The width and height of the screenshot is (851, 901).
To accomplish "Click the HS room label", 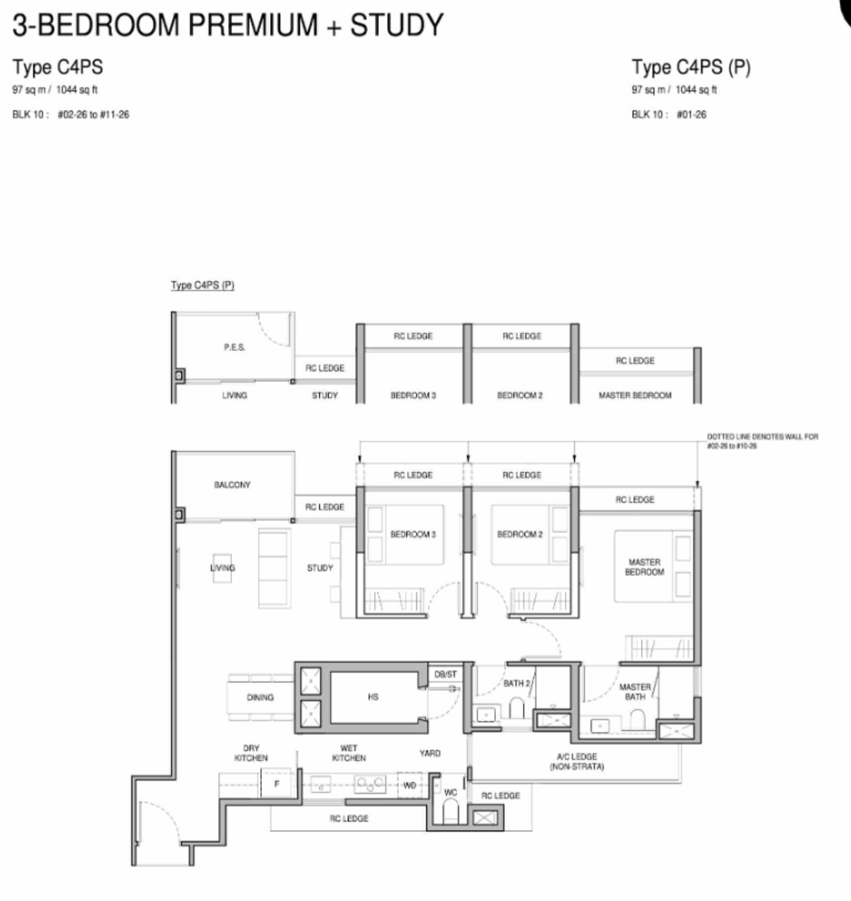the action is pyautogui.click(x=373, y=697).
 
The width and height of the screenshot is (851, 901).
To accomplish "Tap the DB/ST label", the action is pyautogui.click(x=445, y=674).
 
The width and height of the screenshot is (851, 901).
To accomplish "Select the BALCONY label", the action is pyautogui.click(x=232, y=485).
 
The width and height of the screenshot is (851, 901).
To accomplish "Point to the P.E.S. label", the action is pyautogui.click(x=234, y=347).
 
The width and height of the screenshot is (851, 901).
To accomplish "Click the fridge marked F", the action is pyautogui.click(x=276, y=783).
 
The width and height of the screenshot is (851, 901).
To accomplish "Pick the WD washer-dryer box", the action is pyautogui.click(x=410, y=785).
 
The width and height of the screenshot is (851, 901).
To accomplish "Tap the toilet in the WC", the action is pyautogui.click(x=451, y=811).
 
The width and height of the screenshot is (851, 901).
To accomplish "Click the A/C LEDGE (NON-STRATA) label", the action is pyautogui.click(x=577, y=762).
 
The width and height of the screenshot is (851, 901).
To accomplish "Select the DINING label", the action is pyautogui.click(x=260, y=697).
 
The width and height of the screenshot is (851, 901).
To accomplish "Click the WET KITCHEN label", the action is pyautogui.click(x=349, y=753).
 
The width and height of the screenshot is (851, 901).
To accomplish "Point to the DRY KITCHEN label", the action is pyautogui.click(x=251, y=753).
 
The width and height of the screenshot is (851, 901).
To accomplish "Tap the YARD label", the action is pyautogui.click(x=430, y=753).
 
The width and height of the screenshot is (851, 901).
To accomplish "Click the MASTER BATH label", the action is pyautogui.click(x=635, y=692).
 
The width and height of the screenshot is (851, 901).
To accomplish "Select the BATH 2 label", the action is pyautogui.click(x=517, y=683).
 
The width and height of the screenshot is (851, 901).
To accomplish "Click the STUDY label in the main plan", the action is pyautogui.click(x=320, y=568).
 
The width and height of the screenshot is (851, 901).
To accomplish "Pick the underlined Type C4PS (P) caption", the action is pyautogui.click(x=203, y=285).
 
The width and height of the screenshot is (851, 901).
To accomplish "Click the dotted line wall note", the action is pyautogui.click(x=763, y=441).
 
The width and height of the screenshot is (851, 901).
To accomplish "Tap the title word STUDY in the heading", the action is pyautogui.click(x=397, y=25).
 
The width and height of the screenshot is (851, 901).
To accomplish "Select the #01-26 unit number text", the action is pyautogui.click(x=691, y=114).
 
